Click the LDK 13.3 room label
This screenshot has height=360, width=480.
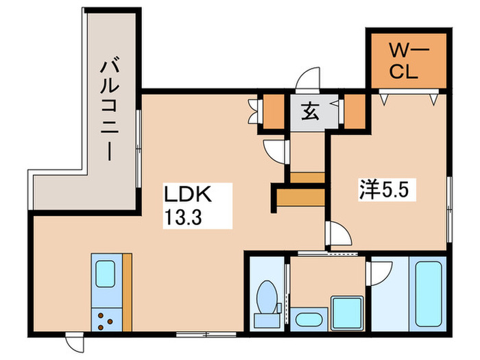coord(188,206)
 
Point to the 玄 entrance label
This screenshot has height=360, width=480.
coord(311,112)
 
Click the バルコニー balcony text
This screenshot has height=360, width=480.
coord(109,109)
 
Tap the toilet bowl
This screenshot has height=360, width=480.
coord(267,297)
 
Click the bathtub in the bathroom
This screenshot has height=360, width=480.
coord(429,294)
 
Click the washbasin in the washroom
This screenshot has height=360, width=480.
coord(309,320)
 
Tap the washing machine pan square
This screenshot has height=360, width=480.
coord(348,313)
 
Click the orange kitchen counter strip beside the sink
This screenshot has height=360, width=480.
coord(128,292)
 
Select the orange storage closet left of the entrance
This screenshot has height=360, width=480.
coord(274,112)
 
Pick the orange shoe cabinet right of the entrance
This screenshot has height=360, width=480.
coord(355,112)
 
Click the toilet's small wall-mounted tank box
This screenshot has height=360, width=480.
coord(279,308)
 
